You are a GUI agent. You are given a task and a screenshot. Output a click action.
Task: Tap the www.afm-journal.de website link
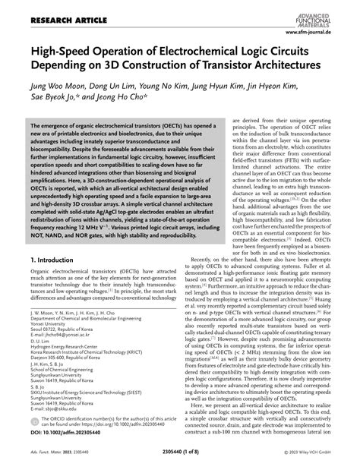(x=320, y=32)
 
